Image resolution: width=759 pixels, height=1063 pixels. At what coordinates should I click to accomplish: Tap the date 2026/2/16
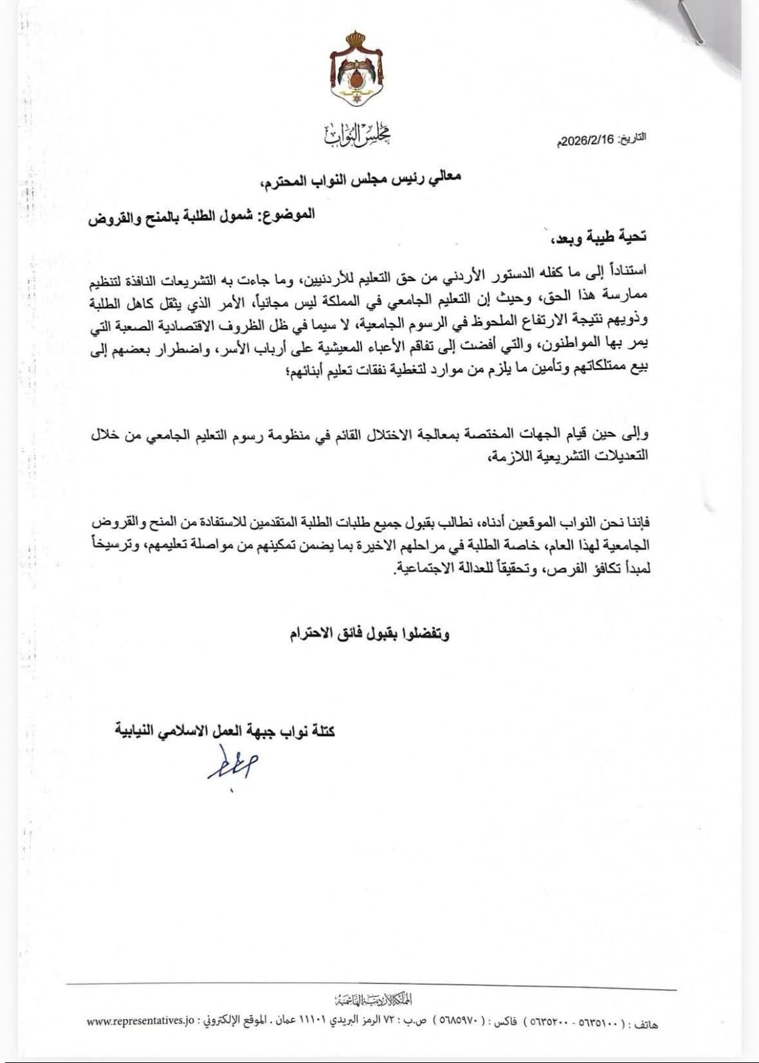588,141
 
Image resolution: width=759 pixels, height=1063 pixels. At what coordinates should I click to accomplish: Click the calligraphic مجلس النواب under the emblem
358,136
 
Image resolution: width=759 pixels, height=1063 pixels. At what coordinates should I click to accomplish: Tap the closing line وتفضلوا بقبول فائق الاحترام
369,634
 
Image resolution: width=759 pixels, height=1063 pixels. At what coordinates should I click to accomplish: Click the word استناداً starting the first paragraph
627,268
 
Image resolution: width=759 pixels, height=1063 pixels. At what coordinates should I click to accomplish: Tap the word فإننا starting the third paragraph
636,523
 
